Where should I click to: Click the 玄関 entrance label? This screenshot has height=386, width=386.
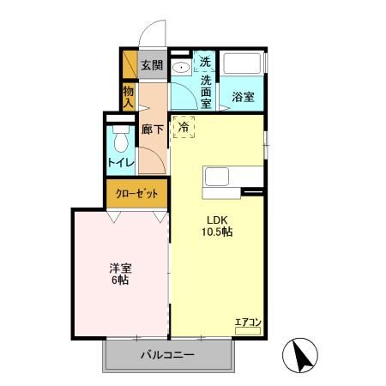point(152,65)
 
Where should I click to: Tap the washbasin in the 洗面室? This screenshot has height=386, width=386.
point(181,68)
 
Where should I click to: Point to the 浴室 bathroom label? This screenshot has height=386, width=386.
point(243,97)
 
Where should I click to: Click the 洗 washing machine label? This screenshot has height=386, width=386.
point(206,62)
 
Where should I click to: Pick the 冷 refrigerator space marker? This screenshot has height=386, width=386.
point(184,127)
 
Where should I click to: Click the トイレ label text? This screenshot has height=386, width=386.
point(119,161)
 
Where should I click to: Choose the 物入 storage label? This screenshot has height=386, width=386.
point(128,95)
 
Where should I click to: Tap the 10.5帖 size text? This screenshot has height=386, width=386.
point(216,232)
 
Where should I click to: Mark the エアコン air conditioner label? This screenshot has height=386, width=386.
point(248,322)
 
